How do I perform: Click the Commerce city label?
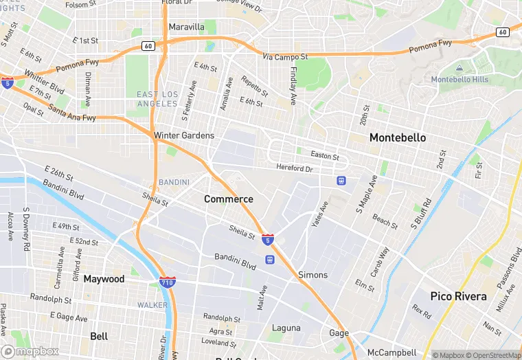pyautogui.click(x=229, y=199)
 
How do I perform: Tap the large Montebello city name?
pyautogui.click(x=397, y=137)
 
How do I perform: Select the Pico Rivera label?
pyautogui.click(x=458, y=297)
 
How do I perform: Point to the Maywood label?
pyautogui.click(x=104, y=279)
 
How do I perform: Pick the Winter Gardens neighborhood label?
pyautogui.click(x=184, y=135)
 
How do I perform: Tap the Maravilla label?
pyautogui.click(x=186, y=27)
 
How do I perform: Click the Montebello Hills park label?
pyautogui.click(x=459, y=80)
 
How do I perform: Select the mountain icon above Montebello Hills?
pyautogui.click(x=459, y=69)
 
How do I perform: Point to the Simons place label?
pyautogui.click(x=313, y=275)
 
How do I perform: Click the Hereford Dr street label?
pyautogui.click(x=294, y=168)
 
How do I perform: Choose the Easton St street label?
pyautogui.click(x=325, y=156)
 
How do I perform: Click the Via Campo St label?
pyautogui.click(x=286, y=57)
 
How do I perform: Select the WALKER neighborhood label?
pyautogui.click(x=152, y=304)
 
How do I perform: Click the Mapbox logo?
pyautogui.click(x=30, y=351)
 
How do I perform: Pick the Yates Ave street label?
pyautogui.click(x=320, y=214)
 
